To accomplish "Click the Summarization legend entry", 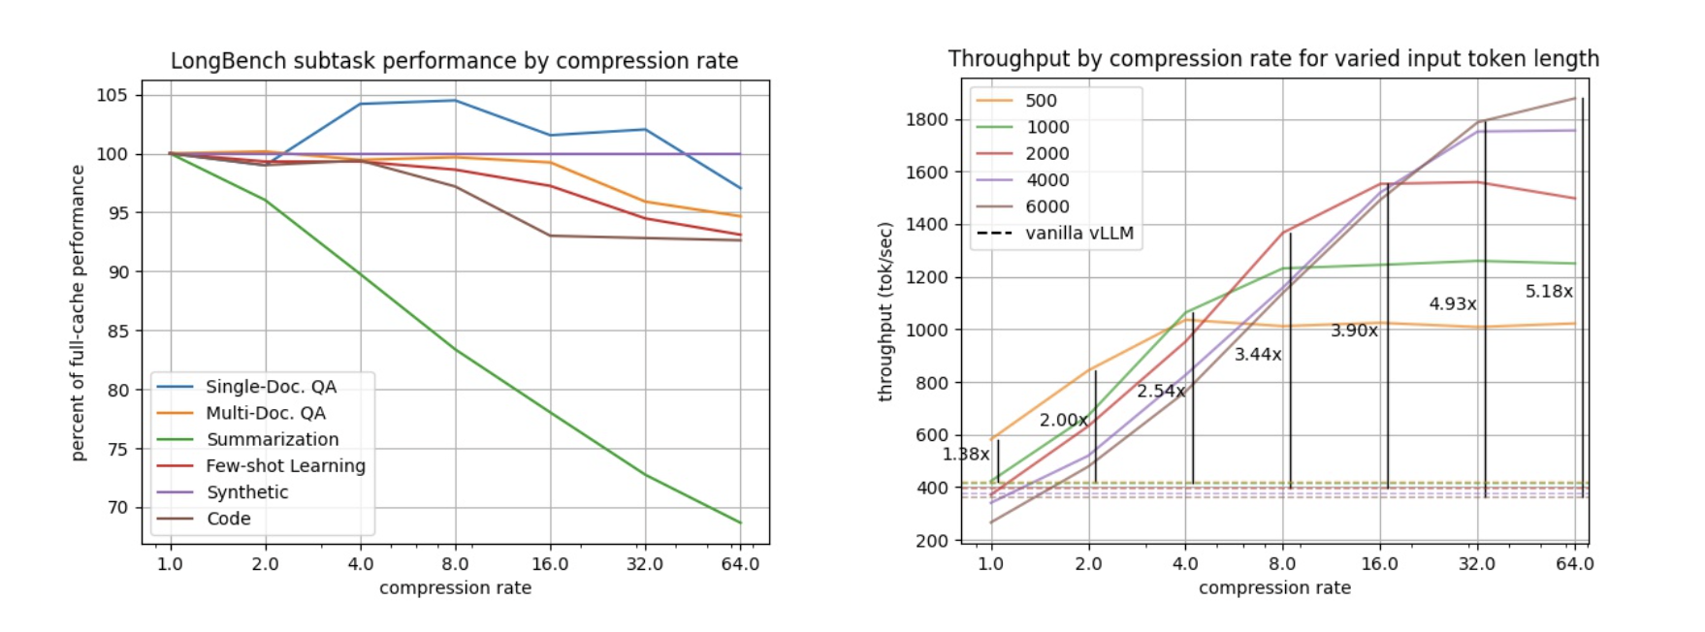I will coord(273,439).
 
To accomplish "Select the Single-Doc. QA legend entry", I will coord(271,387).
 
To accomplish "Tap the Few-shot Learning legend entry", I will coord(285,465).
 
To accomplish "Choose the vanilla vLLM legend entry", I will coord(1078,233).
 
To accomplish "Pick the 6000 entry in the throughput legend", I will coord(1046,206).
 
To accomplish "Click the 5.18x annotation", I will coord(1549,291).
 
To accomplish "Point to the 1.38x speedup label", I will coord(966,454).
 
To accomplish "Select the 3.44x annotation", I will coord(1258,355).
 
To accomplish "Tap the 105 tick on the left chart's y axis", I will coord(112,95).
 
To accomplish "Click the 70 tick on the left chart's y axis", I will coord(117,507).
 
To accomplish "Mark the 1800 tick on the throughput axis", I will coord(927,120).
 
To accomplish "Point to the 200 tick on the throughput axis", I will coord(932,540).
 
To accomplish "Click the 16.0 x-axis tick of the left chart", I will coord(550,564).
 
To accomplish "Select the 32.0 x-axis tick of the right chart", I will coord(1476,564).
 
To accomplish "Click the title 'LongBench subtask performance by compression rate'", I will coord(454,61).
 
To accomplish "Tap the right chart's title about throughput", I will coord(1273,59).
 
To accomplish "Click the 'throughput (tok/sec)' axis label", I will coord(885,311).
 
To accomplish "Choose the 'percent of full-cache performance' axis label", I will coord(78,312).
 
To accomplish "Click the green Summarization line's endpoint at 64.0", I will coord(741,523).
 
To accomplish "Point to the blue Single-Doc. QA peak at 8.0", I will coord(455,101).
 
